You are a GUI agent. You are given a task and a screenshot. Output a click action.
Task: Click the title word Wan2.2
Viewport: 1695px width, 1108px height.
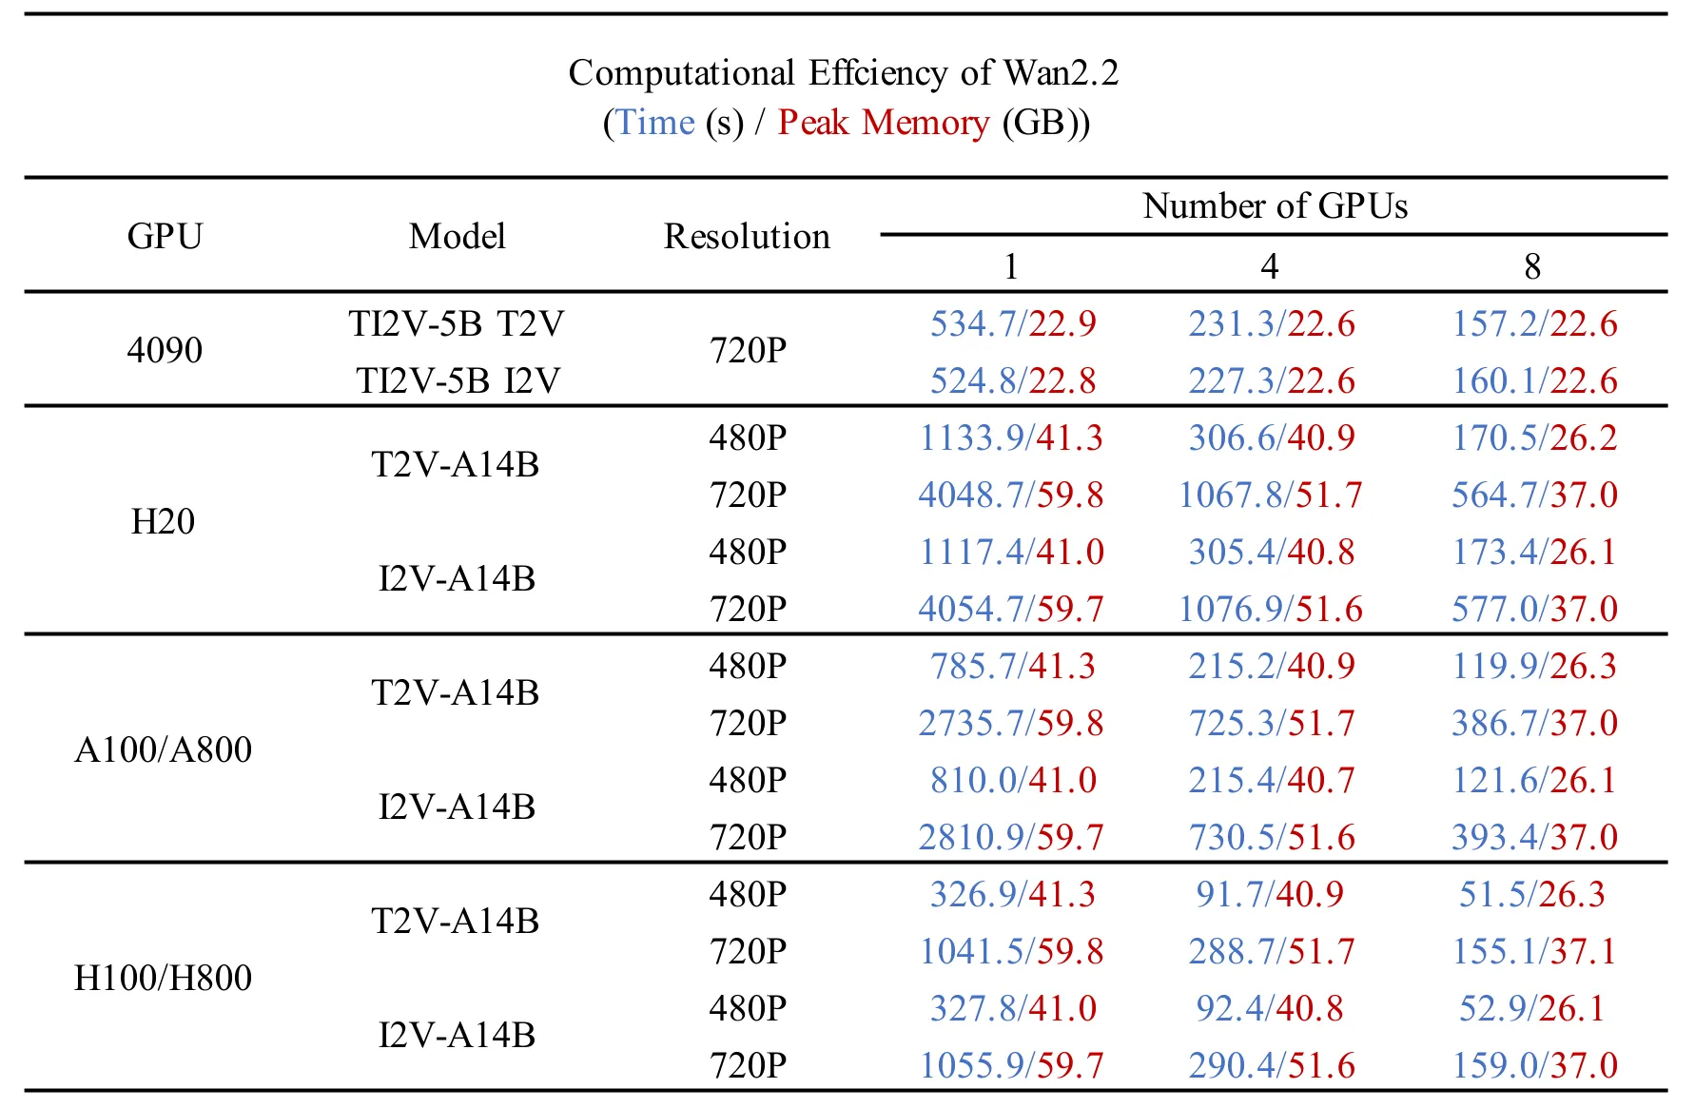click(1061, 73)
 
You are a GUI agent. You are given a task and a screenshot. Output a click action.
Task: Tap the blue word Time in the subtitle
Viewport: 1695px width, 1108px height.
click(655, 123)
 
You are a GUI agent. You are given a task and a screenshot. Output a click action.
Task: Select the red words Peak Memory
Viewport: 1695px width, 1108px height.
click(884, 123)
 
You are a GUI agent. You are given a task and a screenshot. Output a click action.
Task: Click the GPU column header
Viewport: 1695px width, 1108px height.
click(165, 236)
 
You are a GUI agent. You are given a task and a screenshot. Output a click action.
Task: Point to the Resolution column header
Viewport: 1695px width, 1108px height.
click(747, 236)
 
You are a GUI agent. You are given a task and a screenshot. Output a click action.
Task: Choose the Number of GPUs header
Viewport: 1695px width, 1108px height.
click(1275, 205)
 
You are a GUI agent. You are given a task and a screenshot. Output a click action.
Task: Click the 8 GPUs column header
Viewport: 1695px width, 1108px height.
click(1532, 266)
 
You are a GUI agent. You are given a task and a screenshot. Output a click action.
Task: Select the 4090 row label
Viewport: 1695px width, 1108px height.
click(165, 350)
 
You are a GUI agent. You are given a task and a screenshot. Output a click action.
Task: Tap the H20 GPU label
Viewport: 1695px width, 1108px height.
click(163, 521)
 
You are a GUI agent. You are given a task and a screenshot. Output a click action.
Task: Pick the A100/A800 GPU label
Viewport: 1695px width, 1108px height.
click(163, 749)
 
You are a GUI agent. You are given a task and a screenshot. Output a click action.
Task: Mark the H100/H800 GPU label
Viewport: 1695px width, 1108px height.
click(163, 978)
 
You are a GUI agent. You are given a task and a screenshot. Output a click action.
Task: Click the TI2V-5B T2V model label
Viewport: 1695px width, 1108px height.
click(457, 324)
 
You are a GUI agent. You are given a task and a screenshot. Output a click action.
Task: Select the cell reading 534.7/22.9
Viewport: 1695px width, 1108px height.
click(1012, 324)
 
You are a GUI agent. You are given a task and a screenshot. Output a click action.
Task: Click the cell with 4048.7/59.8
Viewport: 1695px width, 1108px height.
click(1011, 496)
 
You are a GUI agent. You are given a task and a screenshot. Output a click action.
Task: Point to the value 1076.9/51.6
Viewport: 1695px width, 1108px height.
click(1271, 610)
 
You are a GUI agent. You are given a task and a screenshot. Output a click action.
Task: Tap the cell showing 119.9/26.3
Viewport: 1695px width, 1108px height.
click(1533, 667)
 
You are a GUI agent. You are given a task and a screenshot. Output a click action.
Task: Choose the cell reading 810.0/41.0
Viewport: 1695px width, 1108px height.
click(1013, 781)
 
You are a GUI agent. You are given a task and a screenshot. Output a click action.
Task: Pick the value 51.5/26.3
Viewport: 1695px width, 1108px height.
click(1532, 895)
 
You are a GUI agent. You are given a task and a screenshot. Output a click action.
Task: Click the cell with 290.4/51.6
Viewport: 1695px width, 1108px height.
click(1272, 1066)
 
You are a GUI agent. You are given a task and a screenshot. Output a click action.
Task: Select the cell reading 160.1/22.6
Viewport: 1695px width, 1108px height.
click(1534, 381)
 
